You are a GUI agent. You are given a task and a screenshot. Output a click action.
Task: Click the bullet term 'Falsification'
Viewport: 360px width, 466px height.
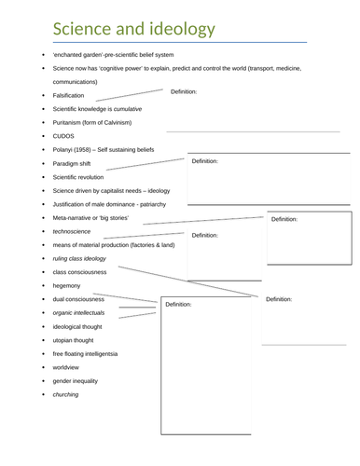coord(68,95)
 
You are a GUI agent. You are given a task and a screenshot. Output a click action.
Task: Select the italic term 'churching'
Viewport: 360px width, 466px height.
coord(65,394)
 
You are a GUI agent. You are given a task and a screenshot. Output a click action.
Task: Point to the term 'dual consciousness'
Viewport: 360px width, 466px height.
coord(78,299)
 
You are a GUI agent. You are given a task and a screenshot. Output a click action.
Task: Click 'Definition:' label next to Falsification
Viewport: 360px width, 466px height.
coord(184,91)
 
